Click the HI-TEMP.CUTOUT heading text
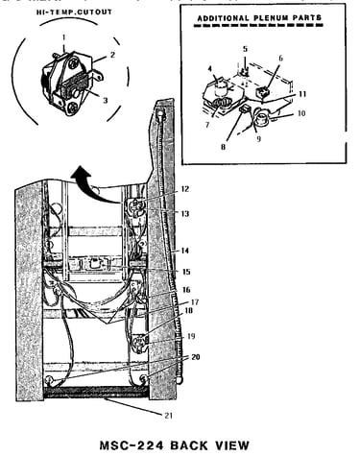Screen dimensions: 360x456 coord(74,12)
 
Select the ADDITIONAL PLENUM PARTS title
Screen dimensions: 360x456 coord(259,18)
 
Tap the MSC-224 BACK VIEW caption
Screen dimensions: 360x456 coord(175,445)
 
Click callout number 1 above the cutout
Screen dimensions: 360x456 coord(63,37)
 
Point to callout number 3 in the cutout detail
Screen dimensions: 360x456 coord(105,100)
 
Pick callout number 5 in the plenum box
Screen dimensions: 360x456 coord(245,49)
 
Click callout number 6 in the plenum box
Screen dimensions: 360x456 coord(281,59)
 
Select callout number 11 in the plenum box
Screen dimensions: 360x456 coord(302,94)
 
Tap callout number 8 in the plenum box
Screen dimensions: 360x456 coord(223,147)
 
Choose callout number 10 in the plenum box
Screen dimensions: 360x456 coord(301,113)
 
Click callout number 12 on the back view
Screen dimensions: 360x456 coord(185,189)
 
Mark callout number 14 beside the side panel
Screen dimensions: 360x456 coord(185,251)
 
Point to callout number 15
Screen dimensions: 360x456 coord(186,272)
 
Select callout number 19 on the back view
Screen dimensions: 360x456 coord(191,336)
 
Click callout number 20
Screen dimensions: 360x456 coord(195,357)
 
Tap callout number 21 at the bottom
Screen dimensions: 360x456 coord(169,416)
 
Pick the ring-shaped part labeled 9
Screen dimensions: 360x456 coord(262,118)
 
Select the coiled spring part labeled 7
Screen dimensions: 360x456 coord(220,104)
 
